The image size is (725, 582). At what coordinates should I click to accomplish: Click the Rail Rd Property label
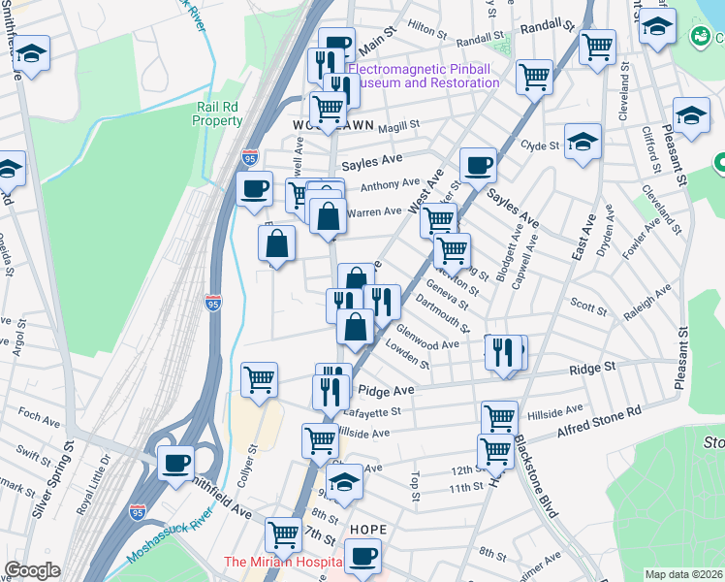point(217,113)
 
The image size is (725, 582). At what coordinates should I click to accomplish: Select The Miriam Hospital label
point(283,563)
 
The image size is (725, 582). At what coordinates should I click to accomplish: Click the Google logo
point(32,570)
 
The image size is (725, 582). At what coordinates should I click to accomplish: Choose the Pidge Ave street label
point(386,390)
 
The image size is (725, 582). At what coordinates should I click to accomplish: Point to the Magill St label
point(398,125)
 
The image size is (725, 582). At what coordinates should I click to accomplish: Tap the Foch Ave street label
point(40,416)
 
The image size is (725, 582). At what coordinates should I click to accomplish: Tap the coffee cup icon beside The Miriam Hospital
point(362,556)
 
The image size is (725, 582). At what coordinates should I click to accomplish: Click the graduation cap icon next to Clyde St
point(583,142)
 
